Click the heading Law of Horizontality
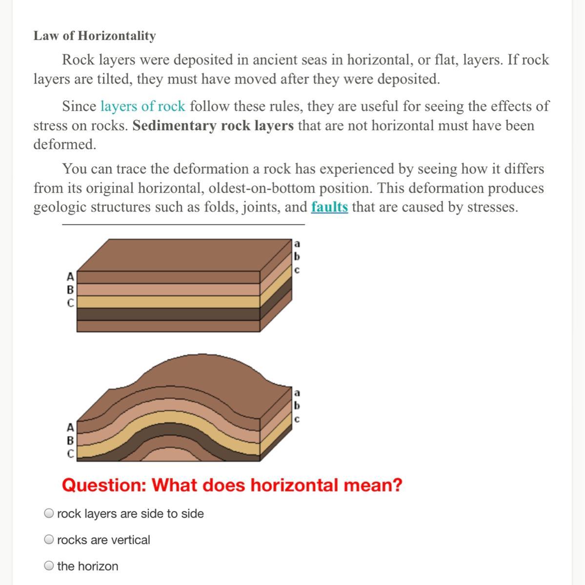pos(95,36)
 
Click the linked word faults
pos(329,207)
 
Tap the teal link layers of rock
pos(143,106)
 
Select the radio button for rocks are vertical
pos(49,540)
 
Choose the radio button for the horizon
pos(49,566)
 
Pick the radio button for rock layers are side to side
pos(49,513)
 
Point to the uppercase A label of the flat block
pos(70,277)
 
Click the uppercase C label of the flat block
pos(70,303)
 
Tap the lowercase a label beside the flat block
pos(298,243)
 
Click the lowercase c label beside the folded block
pos(298,419)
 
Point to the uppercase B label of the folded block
pos(70,441)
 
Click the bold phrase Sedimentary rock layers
pos(213,126)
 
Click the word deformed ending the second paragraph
pos(64,145)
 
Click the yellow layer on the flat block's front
pos(168,302)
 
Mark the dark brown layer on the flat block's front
pos(168,314)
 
